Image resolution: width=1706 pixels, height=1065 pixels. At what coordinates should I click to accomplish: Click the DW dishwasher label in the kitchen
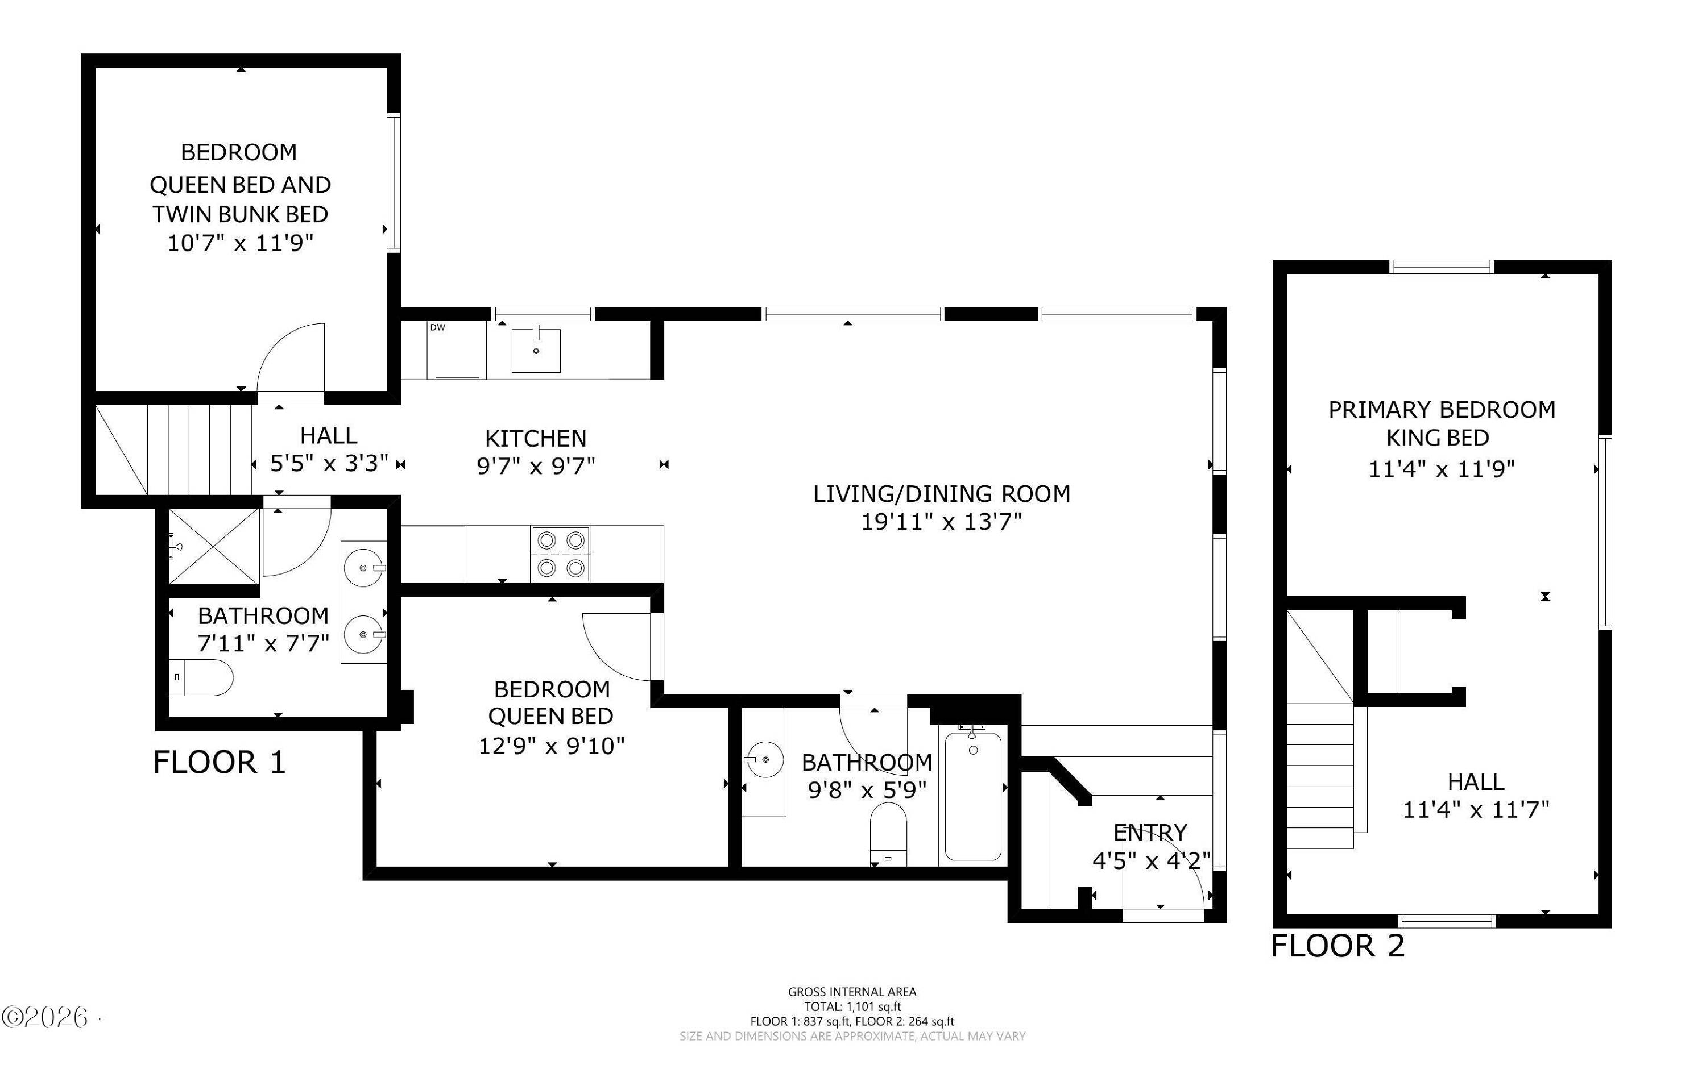[x=438, y=327]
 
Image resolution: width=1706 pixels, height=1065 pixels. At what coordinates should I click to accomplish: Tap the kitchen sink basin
[x=536, y=350]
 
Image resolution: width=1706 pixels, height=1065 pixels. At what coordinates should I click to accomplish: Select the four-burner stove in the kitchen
[x=561, y=554]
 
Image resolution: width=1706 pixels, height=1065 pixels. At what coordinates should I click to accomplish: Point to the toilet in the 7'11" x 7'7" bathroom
[x=201, y=677]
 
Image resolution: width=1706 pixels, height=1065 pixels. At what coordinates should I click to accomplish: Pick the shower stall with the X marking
[x=213, y=546]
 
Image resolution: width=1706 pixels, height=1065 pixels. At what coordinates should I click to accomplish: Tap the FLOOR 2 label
[x=1338, y=946]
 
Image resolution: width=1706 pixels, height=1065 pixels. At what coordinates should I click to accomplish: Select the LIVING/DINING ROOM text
[x=942, y=494]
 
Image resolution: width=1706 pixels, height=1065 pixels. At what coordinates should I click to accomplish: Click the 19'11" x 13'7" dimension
[x=942, y=522]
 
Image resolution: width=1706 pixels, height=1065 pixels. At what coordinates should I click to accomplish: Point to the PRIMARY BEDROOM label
[x=1442, y=410]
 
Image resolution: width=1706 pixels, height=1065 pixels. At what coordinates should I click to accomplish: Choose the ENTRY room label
[x=1150, y=833]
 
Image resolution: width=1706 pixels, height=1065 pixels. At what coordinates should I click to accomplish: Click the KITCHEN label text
[x=536, y=439]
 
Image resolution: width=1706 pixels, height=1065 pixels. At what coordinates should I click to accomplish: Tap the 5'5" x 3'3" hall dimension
[x=329, y=464]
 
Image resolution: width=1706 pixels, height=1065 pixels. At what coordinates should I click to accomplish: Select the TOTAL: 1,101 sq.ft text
[x=852, y=1007]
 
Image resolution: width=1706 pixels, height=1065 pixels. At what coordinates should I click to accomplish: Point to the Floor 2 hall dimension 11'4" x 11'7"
[x=1476, y=810]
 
